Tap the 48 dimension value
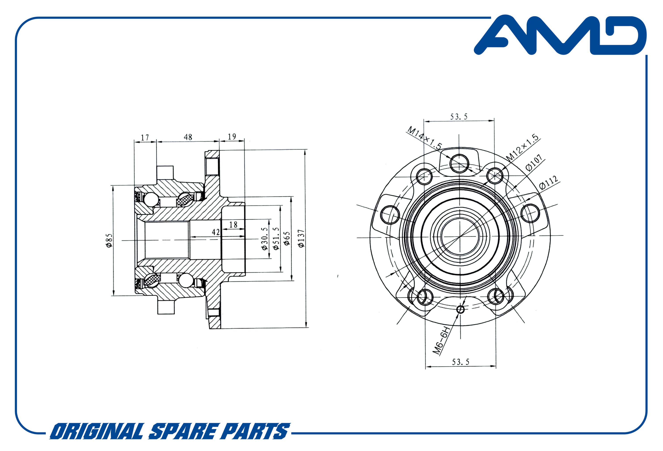pyautogui.click(x=188, y=137)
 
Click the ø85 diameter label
pyautogui.click(x=109, y=241)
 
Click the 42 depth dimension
pyautogui.click(x=216, y=232)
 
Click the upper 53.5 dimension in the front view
pyautogui.click(x=459, y=117)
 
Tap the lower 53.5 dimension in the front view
pyautogui.click(x=460, y=362)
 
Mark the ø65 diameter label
pyautogui.click(x=287, y=238)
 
